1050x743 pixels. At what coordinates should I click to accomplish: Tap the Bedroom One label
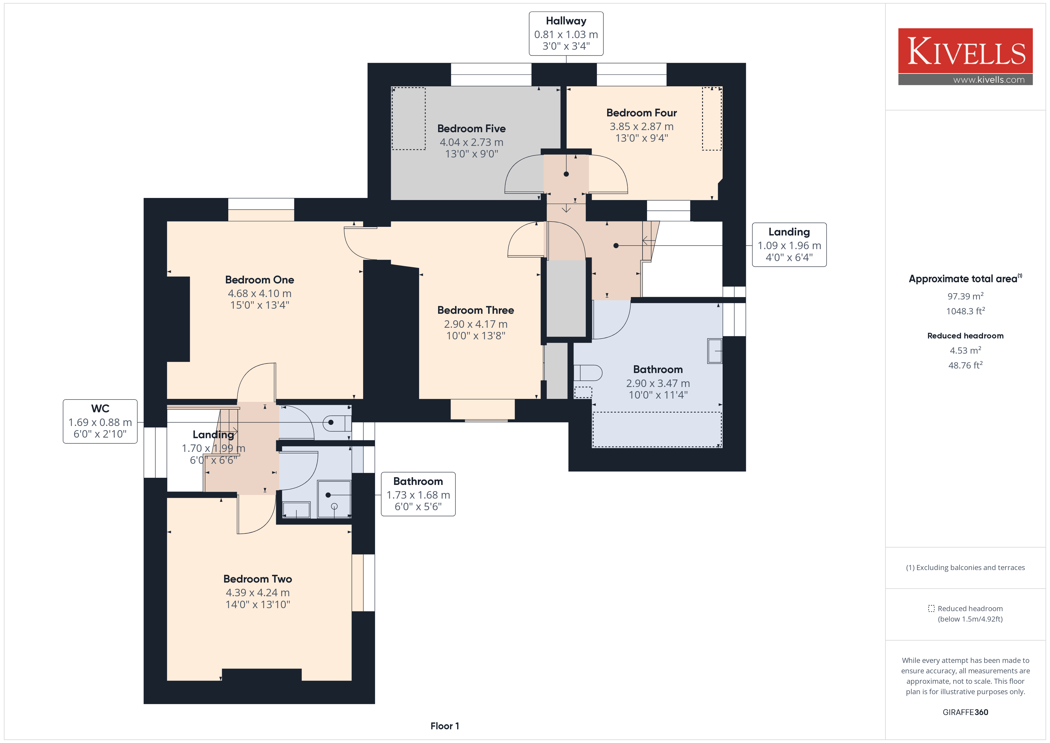pyautogui.click(x=259, y=280)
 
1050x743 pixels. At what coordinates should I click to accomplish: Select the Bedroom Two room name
pyautogui.click(x=257, y=579)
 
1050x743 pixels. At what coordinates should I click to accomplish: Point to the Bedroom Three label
pyautogui.click(x=476, y=310)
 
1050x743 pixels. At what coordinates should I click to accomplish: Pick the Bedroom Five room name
pyautogui.click(x=471, y=129)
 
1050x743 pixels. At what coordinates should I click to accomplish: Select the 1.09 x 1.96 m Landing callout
pyautogui.click(x=789, y=245)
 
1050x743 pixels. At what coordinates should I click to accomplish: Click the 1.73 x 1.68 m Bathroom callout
pyautogui.click(x=418, y=494)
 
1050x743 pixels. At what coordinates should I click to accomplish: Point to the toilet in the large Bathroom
pyautogui.click(x=588, y=372)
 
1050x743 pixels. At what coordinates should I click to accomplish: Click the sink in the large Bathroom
pyautogui.click(x=714, y=351)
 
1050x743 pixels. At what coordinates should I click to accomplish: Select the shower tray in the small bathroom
pyautogui.click(x=334, y=499)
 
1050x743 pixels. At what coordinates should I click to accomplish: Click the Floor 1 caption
pyautogui.click(x=445, y=726)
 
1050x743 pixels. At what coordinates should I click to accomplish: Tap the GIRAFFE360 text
pyautogui.click(x=965, y=712)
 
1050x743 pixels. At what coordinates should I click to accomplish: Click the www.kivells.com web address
pyautogui.click(x=989, y=79)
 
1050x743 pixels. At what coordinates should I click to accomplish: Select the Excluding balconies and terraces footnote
pyautogui.click(x=965, y=567)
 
